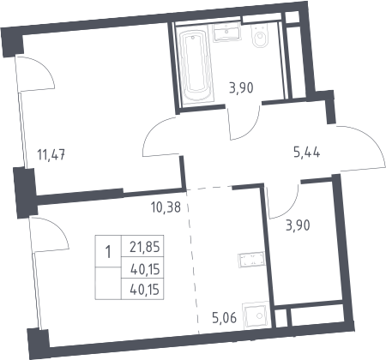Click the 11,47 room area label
[x=51, y=155]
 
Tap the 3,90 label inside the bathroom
[x=241, y=87]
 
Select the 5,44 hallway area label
[x=307, y=153]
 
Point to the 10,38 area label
[x=166, y=207]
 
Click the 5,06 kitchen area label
[x=225, y=318]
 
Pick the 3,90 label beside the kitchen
[x=298, y=225]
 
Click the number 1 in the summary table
[x=108, y=252]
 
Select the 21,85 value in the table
[x=144, y=247]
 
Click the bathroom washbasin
[x=226, y=32]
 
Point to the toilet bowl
[x=260, y=36]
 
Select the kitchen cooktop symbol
[x=251, y=260]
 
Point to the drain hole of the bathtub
[x=193, y=38]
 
